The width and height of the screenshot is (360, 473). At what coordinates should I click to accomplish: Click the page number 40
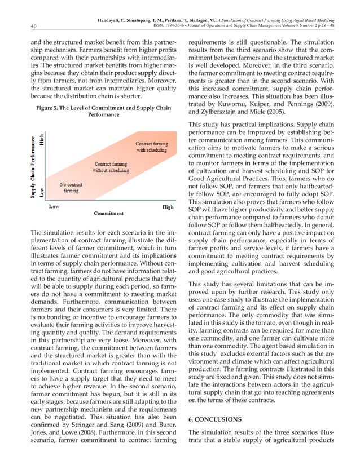tap(19, 25)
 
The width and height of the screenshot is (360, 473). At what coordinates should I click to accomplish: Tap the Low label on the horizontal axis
tap(54, 207)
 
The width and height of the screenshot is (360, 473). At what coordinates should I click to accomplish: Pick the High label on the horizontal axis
tap(168, 207)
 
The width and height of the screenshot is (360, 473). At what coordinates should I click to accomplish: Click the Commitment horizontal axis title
tap(109, 213)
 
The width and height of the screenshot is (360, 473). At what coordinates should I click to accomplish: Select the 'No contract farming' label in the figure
tap(71, 187)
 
